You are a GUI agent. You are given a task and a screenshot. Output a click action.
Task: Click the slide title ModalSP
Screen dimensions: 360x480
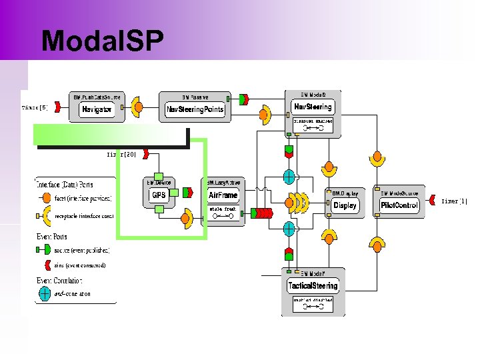[102, 41]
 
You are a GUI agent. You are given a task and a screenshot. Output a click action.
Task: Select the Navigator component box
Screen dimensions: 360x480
[97, 109]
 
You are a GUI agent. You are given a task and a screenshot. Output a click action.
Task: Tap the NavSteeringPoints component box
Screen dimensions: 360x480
[195, 109]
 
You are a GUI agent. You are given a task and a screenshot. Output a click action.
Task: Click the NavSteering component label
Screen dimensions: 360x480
[313, 107]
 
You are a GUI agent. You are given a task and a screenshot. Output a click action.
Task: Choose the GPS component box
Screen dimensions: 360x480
[159, 195]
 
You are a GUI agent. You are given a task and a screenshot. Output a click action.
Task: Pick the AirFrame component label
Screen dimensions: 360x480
[223, 195]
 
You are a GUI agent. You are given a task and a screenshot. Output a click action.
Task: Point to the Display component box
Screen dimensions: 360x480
[345, 205]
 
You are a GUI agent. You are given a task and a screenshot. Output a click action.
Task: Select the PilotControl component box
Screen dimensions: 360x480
[399, 205]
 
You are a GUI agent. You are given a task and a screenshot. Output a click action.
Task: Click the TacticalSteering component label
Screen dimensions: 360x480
[313, 285]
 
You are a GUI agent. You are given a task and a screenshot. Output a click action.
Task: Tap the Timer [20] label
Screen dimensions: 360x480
[122, 154]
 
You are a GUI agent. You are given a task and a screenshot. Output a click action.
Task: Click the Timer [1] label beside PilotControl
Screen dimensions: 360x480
[454, 201]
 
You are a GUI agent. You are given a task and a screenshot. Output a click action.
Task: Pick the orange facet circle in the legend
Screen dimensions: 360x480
[45, 198]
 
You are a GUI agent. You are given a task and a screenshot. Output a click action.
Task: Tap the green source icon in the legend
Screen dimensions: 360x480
[45, 250]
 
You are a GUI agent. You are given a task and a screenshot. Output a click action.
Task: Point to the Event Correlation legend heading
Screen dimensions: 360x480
[59, 280]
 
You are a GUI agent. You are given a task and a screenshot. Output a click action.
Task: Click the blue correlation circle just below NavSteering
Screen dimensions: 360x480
[289, 177]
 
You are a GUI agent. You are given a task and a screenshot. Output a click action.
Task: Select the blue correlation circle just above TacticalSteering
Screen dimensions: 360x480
[289, 229]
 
